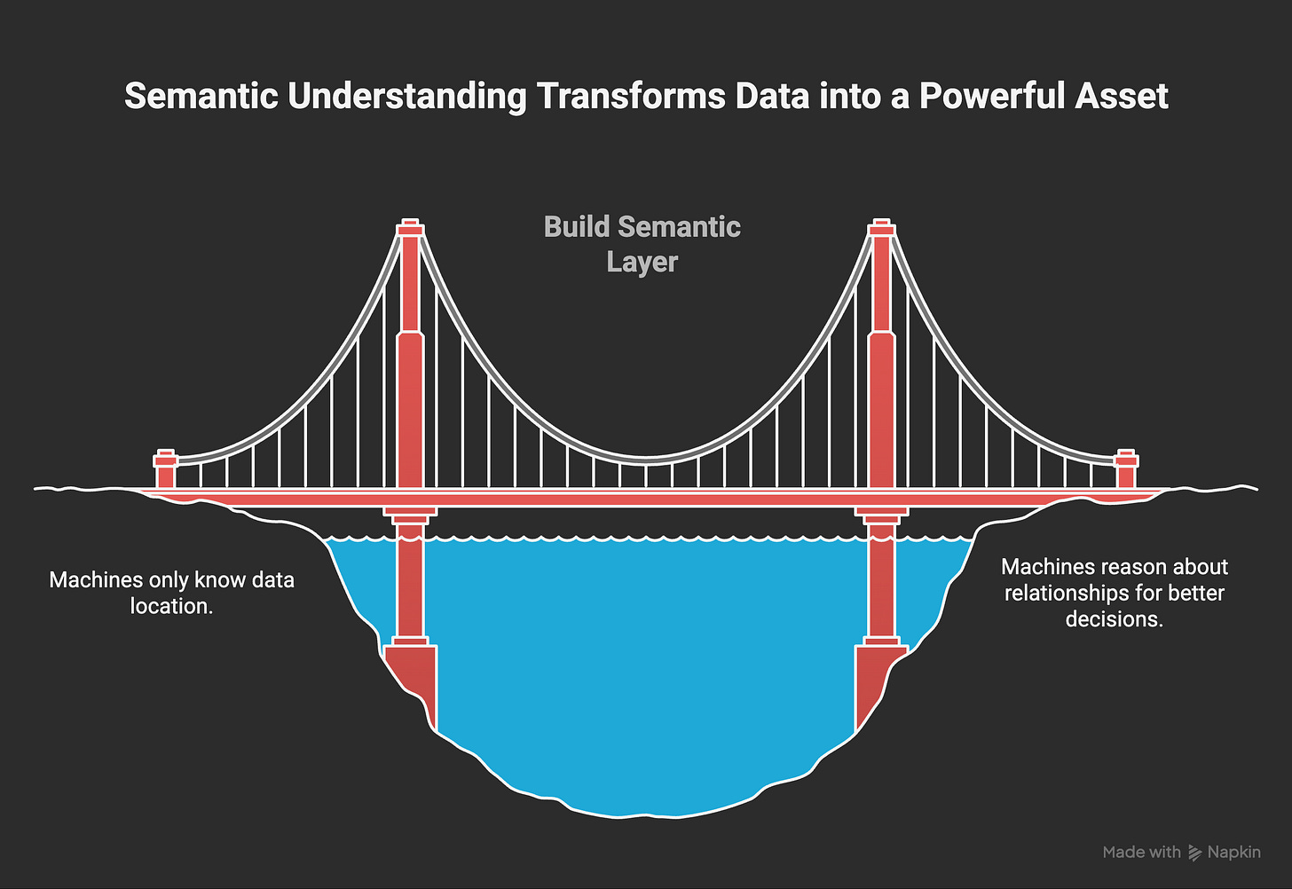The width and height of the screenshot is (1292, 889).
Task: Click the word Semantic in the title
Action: tap(201, 96)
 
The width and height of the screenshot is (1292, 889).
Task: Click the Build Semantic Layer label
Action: tap(642, 244)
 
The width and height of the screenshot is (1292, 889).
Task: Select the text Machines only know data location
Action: tap(171, 593)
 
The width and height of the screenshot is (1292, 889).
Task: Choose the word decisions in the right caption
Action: tap(1114, 619)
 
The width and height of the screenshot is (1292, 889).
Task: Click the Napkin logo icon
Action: tap(1194, 853)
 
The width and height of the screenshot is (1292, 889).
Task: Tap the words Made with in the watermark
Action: tap(1141, 853)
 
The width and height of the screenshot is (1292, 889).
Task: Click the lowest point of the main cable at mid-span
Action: tap(646, 460)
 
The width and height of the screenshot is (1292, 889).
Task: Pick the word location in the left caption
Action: tap(171, 606)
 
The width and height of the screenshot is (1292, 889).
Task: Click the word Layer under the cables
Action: tap(642, 262)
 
